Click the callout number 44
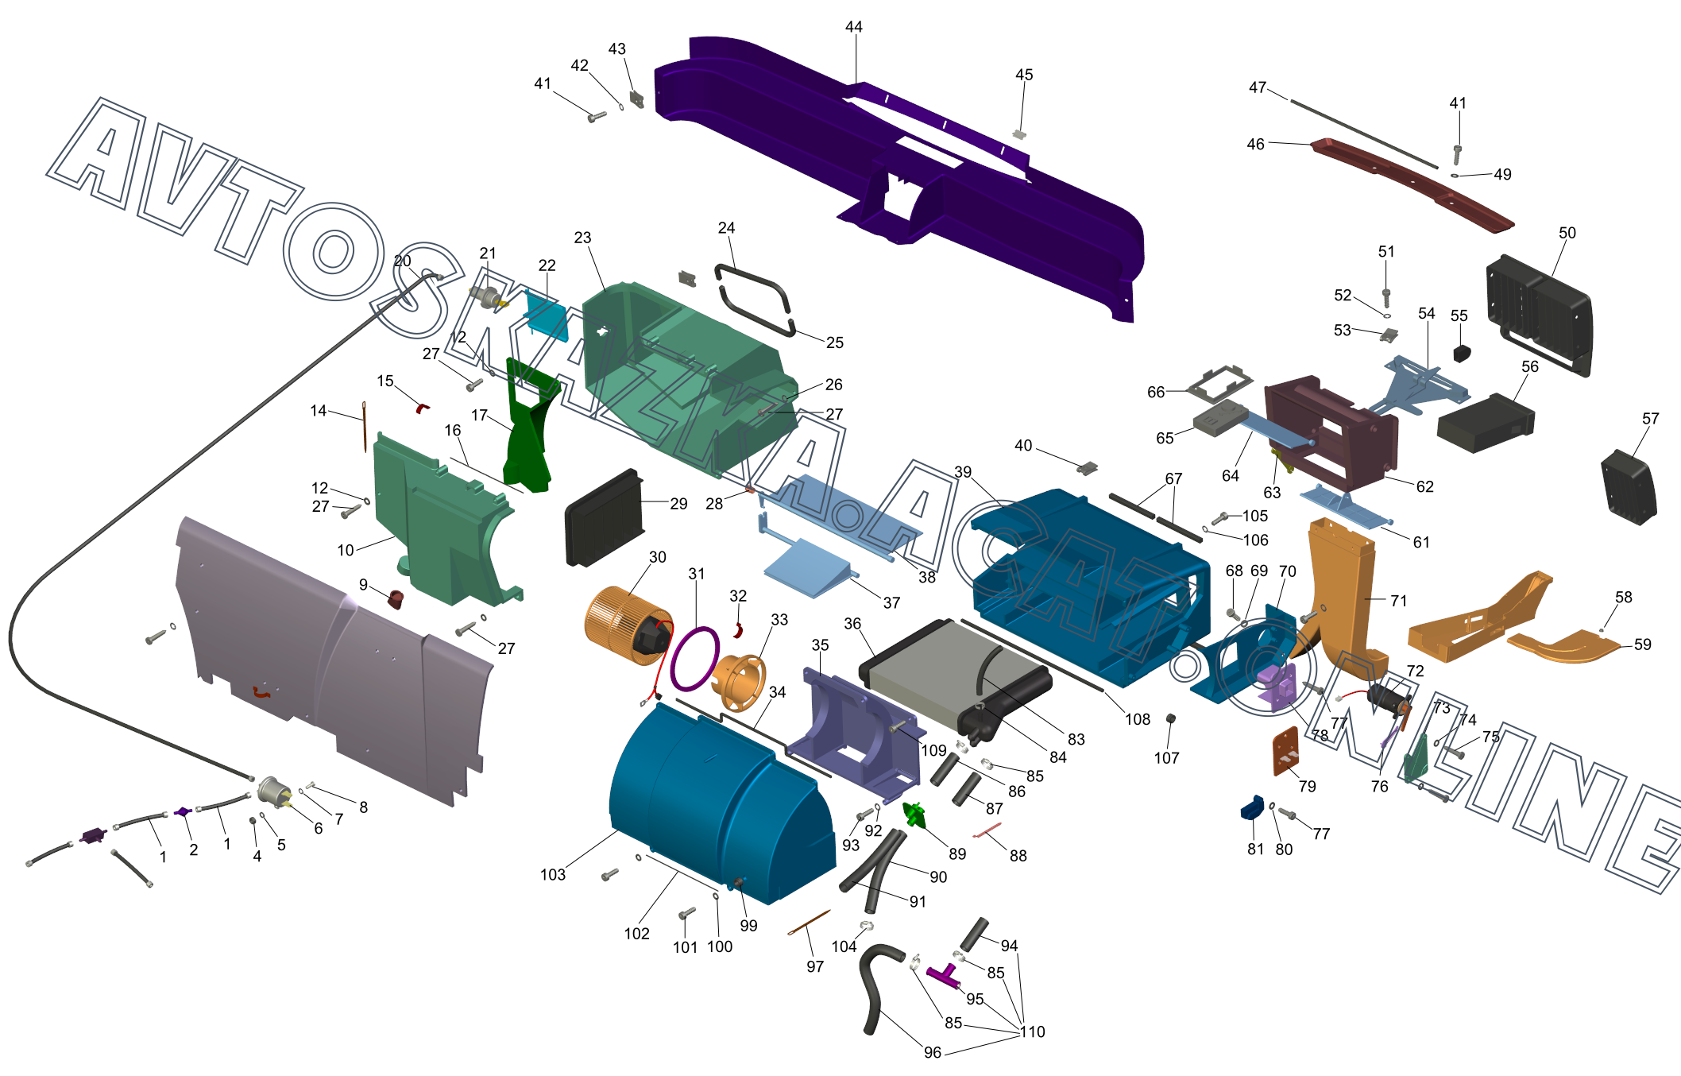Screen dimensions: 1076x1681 point(853,27)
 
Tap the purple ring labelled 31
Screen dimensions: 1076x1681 point(695,659)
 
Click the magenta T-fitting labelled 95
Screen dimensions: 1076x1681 point(944,975)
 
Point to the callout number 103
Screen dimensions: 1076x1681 point(552,875)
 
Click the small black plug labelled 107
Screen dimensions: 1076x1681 point(1170,718)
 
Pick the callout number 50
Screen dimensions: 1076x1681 point(1567,233)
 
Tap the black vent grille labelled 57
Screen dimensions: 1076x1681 point(1629,487)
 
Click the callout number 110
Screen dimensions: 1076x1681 point(1033,1031)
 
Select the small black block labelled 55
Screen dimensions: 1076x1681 point(1462,352)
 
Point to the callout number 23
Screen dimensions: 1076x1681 point(582,238)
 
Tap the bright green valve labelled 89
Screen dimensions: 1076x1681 point(914,815)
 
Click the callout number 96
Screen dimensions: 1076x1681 point(932,1052)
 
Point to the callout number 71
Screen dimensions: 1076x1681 point(1398,601)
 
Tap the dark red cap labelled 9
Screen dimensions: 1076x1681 point(395,598)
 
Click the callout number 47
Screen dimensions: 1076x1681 point(1257,87)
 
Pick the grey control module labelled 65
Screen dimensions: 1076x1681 point(1219,417)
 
